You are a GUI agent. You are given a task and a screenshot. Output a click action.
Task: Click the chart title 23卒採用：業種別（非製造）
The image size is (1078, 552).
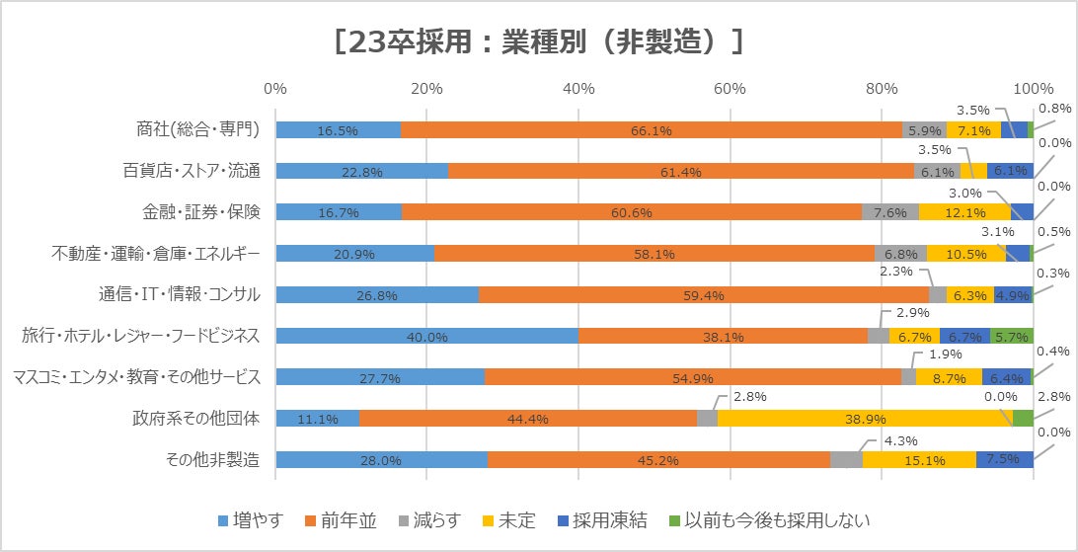tap(538, 41)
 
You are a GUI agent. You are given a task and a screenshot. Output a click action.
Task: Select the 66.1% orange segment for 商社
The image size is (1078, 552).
tap(652, 129)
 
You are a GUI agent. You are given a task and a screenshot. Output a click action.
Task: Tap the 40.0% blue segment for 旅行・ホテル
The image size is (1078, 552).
tap(426, 336)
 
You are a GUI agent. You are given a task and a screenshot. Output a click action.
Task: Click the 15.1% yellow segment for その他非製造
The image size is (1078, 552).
tap(919, 460)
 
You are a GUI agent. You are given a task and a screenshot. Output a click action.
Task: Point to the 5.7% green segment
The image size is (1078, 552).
tap(1011, 336)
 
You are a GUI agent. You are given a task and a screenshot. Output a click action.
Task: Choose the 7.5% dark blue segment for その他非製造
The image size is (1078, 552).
tap(1004, 460)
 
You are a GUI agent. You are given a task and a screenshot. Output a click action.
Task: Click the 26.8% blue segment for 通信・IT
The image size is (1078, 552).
tap(377, 294)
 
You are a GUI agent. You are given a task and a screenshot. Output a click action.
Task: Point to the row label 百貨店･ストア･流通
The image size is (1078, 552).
tap(198, 171)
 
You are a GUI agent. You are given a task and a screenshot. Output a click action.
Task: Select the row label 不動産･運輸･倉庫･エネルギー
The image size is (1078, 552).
tap(156, 254)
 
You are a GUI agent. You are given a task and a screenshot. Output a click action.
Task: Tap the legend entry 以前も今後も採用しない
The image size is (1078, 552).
tap(771, 520)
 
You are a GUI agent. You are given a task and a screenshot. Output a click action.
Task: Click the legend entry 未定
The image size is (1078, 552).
tap(510, 520)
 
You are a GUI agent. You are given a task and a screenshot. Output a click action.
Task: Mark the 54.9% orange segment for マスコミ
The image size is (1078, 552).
tap(693, 377)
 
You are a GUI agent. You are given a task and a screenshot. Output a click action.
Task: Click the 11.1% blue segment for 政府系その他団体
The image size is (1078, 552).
tap(317, 419)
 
